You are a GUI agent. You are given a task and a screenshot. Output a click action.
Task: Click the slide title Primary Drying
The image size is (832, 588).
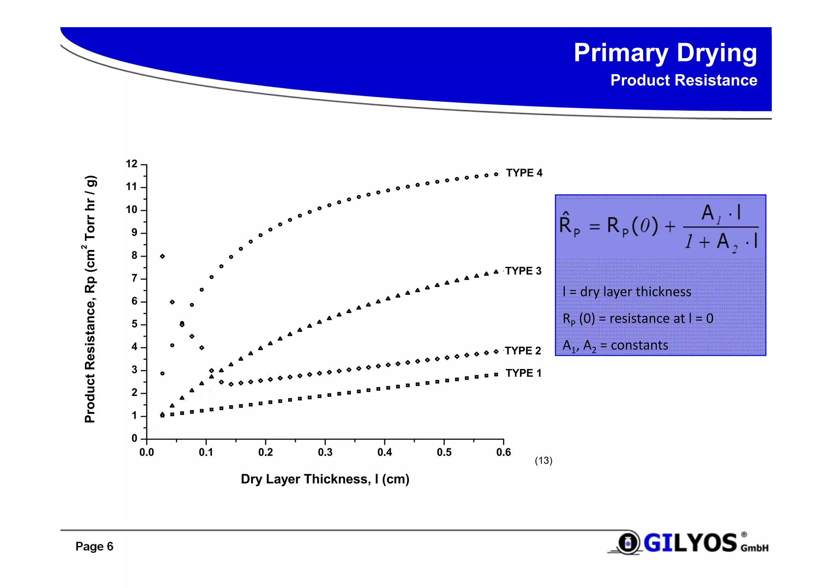665,53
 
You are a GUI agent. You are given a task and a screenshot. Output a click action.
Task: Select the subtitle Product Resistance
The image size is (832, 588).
683,80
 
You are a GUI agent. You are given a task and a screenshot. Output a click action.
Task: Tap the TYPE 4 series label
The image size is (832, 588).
524,173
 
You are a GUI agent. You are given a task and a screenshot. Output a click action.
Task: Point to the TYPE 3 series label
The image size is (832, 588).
523,271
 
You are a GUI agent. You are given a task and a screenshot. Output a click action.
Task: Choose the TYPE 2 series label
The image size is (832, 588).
523,350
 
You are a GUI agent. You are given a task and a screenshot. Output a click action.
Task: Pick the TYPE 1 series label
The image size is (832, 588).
523,373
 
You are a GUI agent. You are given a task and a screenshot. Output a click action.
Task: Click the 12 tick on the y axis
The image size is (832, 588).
132,164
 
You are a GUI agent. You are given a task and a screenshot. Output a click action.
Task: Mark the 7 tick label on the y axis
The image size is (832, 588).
134,279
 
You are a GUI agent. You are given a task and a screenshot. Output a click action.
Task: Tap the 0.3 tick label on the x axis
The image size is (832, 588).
325,452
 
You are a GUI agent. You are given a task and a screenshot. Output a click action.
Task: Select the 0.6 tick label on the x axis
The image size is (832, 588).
503,452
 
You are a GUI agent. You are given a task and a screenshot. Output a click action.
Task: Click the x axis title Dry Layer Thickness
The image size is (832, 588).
325,479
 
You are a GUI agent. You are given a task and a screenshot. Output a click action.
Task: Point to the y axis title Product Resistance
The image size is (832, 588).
90,299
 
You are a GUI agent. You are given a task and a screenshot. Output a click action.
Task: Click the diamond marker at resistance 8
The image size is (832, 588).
162,256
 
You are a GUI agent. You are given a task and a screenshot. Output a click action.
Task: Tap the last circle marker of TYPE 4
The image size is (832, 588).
496,174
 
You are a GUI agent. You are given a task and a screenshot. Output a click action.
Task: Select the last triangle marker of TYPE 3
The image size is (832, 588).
496,272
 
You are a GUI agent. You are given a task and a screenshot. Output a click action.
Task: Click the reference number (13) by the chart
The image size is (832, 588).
544,460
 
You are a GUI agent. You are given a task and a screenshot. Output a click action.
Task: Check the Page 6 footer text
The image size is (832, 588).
94,547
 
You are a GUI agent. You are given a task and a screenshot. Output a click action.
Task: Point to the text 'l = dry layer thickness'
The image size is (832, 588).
626,292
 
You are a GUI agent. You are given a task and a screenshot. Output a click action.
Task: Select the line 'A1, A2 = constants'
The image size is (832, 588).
615,346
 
